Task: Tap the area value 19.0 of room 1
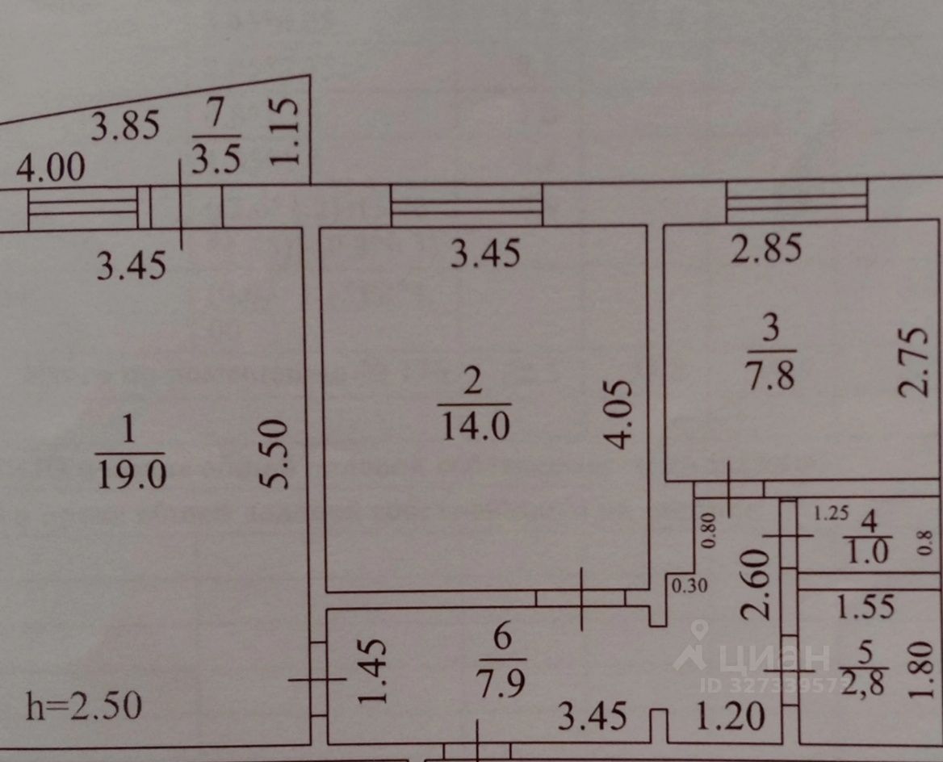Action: point(130,475)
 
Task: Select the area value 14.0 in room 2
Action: point(475,425)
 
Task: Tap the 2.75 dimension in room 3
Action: point(912,360)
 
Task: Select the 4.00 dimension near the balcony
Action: point(50,170)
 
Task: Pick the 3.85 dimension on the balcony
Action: point(125,128)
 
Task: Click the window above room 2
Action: point(466,205)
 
